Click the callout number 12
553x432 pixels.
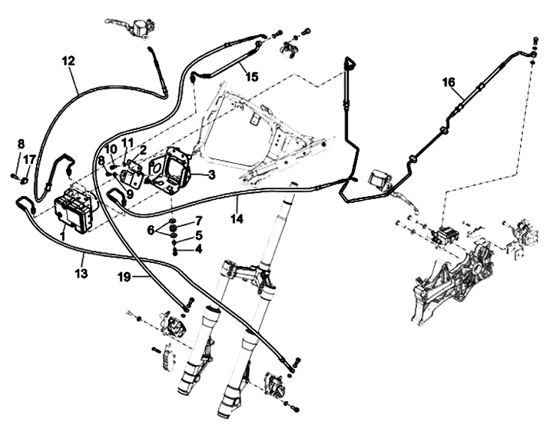click(x=68, y=59)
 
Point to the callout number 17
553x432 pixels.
click(x=29, y=159)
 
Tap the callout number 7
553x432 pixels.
click(x=199, y=221)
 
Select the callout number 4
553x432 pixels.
click(x=199, y=249)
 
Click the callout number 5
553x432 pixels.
click(x=199, y=235)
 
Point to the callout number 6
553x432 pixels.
click(x=151, y=230)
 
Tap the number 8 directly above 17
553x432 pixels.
click(x=21, y=144)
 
